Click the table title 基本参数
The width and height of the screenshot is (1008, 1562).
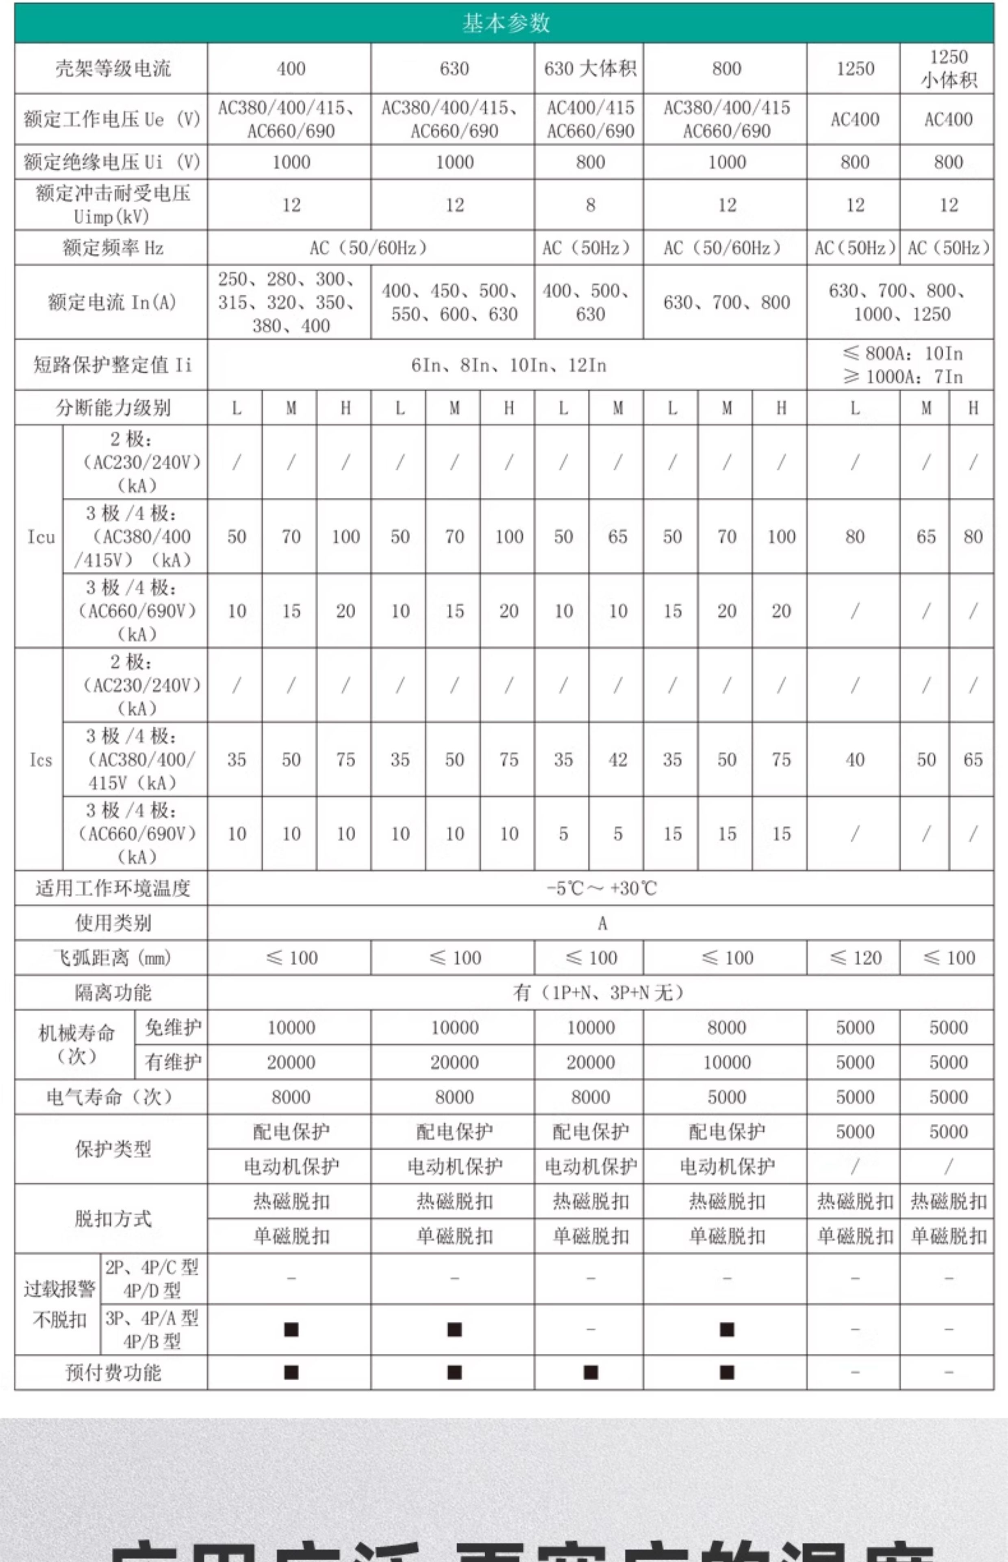click(505, 24)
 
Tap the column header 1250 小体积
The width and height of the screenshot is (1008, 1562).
click(948, 69)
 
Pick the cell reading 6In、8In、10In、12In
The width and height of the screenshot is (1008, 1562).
click(508, 365)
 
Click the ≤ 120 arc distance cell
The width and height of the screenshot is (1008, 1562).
click(854, 958)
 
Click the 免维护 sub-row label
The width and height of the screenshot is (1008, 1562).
click(172, 1028)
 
